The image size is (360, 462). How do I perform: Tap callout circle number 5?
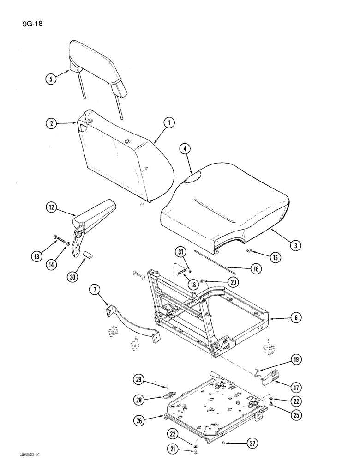(52, 79)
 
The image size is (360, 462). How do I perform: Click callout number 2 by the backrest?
(52, 123)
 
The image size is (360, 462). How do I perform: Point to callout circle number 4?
(185, 149)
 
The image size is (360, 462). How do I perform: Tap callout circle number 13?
(36, 254)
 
